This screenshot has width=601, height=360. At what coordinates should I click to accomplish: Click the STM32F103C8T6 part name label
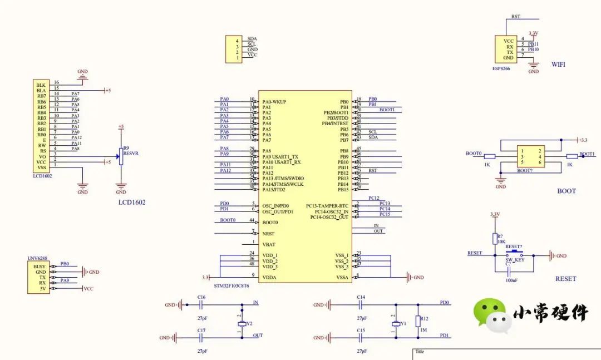[231, 285]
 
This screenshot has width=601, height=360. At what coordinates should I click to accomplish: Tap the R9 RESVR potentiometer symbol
[121, 157]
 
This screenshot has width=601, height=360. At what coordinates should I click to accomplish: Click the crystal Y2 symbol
[242, 324]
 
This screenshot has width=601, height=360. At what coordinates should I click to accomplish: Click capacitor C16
[201, 304]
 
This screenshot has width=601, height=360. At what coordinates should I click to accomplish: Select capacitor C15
[361, 337]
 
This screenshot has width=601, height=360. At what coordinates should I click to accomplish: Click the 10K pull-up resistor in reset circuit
[495, 239]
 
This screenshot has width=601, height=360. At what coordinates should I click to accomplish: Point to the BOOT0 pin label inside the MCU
[270, 222]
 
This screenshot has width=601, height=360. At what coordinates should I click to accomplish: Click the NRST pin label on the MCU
[269, 234]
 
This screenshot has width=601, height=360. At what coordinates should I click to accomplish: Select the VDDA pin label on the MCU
[269, 277]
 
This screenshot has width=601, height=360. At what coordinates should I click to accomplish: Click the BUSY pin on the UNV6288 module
[40, 267]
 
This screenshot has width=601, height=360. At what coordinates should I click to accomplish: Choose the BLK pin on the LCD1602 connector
[41, 85]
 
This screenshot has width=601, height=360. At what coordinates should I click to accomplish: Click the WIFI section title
[558, 65]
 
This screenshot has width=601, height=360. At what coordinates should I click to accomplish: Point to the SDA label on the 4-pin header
[252, 39]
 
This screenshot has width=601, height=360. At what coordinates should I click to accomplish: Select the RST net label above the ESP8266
[516, 17]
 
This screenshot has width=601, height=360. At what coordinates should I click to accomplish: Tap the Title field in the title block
[420, 352]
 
